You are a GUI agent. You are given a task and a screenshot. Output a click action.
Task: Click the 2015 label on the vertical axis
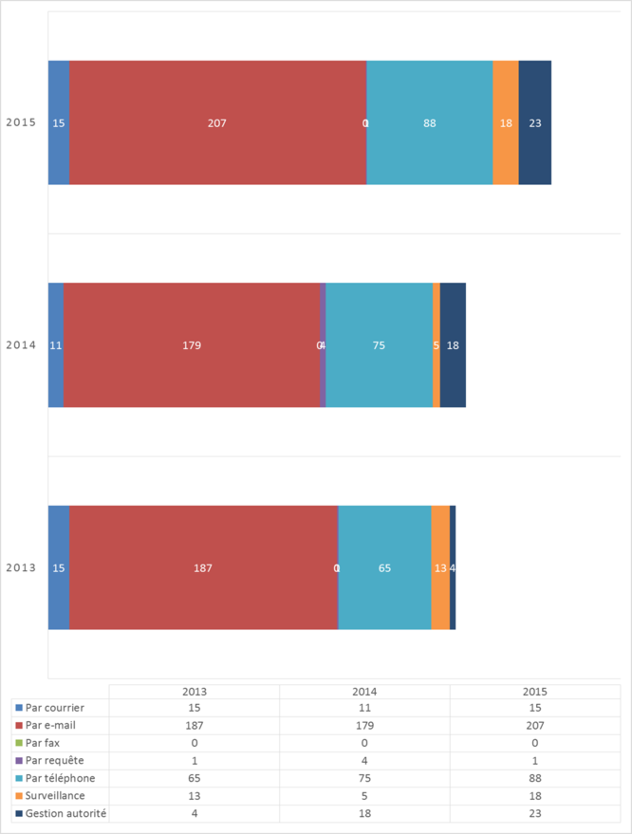coord(21,122)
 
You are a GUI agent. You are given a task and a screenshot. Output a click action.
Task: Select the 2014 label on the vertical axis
coord(21,345)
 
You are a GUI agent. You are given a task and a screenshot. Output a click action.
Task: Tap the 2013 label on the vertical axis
coord(21,568)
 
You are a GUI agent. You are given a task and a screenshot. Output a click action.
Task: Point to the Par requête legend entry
coord(54,761)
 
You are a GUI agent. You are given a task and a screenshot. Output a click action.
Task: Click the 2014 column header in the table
coord(364,692)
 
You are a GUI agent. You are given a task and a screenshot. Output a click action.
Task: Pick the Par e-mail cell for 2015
coord(534,726)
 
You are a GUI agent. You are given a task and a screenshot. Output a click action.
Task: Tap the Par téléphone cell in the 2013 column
coord(194,778)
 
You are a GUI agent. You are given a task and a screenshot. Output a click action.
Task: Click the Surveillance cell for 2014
coord(364,796)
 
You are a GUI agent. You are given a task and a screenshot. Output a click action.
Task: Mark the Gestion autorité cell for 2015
coord(534,813)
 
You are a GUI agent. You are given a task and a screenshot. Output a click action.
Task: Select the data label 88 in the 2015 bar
coord(430,122)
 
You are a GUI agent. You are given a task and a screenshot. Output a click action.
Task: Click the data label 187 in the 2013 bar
coord(203,568)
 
